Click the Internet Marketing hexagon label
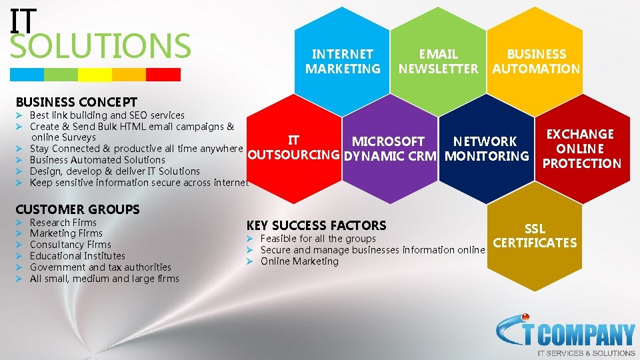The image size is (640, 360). point(343,61)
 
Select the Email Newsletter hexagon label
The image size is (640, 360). point(438,61)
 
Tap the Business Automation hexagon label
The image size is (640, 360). point(536,61)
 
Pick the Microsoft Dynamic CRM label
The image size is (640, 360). point(389,149)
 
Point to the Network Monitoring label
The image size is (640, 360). point(486,149)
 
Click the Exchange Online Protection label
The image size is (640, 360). point(580,149)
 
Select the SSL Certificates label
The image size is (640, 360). point(534,236)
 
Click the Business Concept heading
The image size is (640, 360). point(76,102)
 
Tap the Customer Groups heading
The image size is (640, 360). point(77,209)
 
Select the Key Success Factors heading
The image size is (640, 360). point(316,225)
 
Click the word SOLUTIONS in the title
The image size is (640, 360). point(101,45)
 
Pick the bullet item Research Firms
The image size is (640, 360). point(63,222)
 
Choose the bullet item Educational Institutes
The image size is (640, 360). point(77,256)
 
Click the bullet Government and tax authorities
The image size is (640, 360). point(101,267)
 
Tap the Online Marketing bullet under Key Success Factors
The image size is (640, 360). point(299,261)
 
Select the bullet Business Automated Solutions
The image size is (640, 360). point(97,160)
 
